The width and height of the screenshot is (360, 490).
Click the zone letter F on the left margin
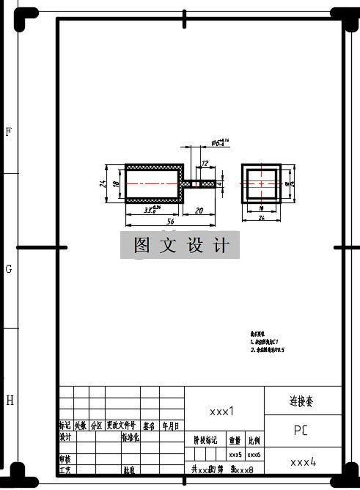coord(9,132)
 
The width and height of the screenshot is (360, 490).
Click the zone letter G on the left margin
coord(9,269)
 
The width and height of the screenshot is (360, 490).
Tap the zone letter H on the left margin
coord(10,401)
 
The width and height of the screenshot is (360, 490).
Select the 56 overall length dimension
coord(170,220)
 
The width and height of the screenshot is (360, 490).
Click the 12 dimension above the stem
coord(205,164)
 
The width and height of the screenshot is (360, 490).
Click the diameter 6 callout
coord(221,141)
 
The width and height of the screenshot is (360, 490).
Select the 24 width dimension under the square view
coord(260,218)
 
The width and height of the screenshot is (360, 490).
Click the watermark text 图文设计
coord(180,246)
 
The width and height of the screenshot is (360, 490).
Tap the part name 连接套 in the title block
coord(303,401)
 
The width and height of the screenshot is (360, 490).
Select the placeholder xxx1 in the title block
coord(221,412)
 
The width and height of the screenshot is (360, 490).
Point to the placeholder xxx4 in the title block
coord(303,462)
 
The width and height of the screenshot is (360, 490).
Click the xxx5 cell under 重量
coord(235,456)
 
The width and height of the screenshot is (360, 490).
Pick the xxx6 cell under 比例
coord(254,456)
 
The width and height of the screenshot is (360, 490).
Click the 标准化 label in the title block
coord(130,437)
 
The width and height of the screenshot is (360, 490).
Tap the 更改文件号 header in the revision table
coord(121,425)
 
